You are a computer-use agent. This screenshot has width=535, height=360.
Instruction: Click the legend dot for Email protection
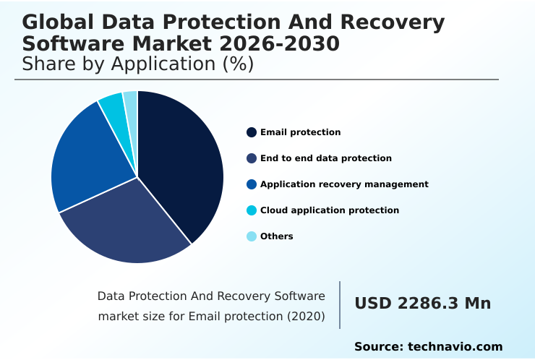(252, 132)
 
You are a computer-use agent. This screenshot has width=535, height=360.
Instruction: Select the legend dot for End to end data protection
(252, 158)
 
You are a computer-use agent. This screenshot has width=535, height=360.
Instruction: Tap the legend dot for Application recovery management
(252, 184)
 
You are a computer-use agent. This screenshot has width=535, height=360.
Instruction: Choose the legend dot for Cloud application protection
(252, 210)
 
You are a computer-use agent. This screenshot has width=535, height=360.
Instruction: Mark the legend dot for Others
(252, 236)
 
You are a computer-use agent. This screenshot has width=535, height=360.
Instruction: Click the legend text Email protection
(300, 132)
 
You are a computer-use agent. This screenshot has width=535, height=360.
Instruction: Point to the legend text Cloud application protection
(330, 210)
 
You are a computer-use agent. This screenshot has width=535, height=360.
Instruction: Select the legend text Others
(277, 236)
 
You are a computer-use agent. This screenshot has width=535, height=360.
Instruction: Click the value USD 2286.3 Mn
(422, 304)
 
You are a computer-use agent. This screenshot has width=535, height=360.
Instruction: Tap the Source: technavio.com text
(428, 347)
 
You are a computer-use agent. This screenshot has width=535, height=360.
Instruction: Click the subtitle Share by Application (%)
(138, 64)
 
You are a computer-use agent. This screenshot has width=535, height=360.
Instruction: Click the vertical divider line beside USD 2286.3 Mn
(340, 305)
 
